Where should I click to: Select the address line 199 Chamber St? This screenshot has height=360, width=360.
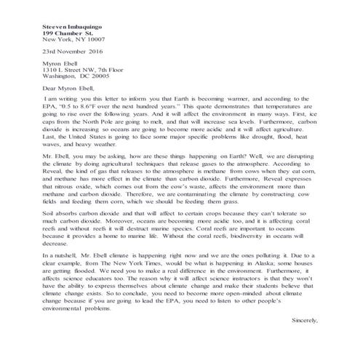tap(67, 33)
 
